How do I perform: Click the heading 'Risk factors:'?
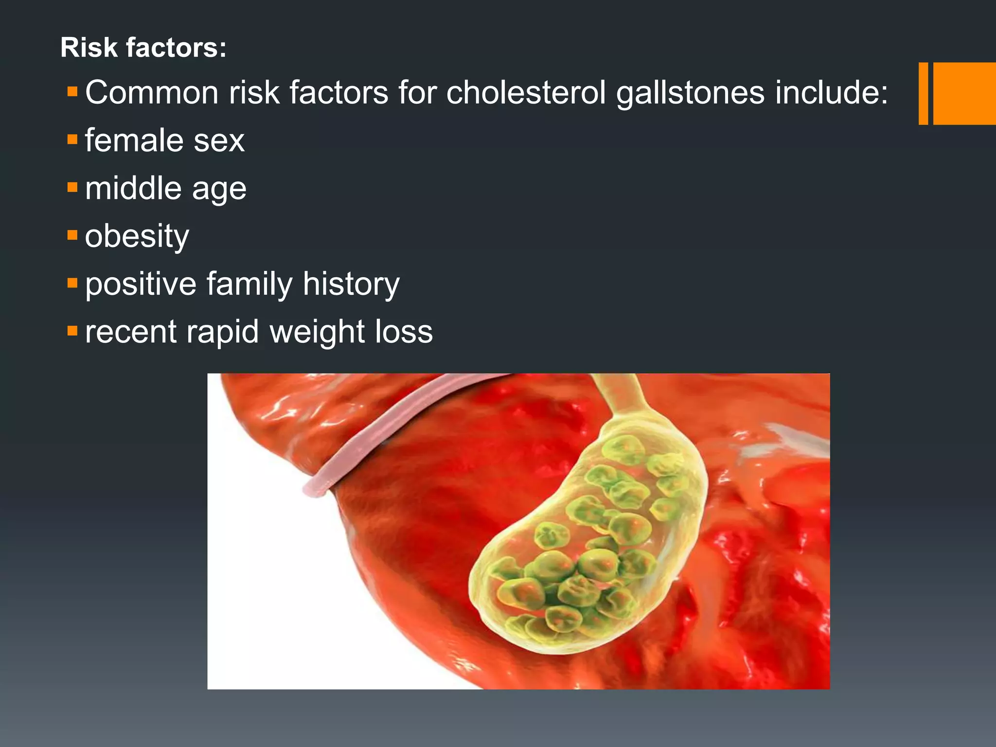[x=143, y=48]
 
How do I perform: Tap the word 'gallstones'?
[x=690, y=92]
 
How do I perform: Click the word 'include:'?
[x=831, y=92]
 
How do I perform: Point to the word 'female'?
[x=134, y=141]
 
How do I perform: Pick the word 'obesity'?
[x=137, y=236]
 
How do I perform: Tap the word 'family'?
[x=249, y=284]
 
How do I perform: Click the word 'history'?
[x=351, y=284]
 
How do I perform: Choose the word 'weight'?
[x=317, y=332]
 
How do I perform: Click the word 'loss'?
[x=404, y=332]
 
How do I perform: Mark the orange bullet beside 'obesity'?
[x=72, y=235]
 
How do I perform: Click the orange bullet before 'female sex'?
[x=72, y=140]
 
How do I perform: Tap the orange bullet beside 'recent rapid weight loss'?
[x=72, y=331]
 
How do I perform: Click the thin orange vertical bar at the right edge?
[x=923, y=93]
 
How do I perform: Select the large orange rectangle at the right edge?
[x=964, y=93]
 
